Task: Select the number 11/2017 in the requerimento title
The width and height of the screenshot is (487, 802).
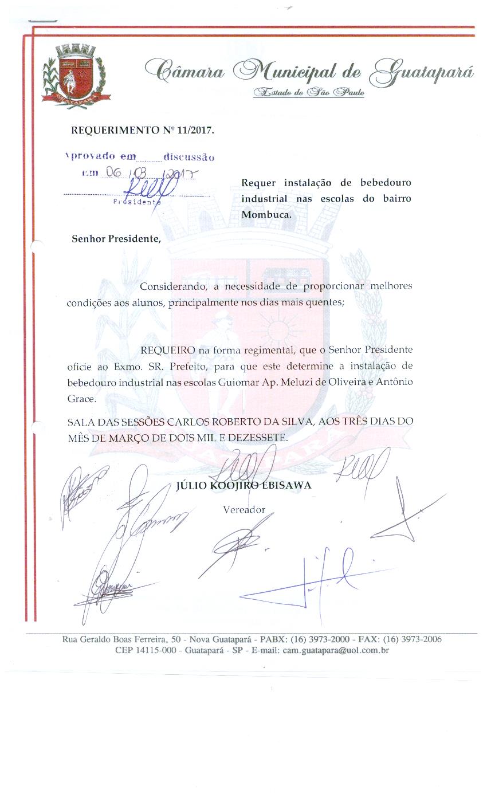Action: coord(195,131)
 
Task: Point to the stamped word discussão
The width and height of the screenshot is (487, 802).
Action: coord(188,156)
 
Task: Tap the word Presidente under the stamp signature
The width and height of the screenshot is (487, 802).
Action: coord(137,202)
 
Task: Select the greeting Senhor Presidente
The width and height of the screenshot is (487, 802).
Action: coord(116,238)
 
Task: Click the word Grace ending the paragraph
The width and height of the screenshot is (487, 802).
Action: coord(81,398)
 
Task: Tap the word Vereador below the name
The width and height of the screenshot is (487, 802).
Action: coord(244,509)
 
